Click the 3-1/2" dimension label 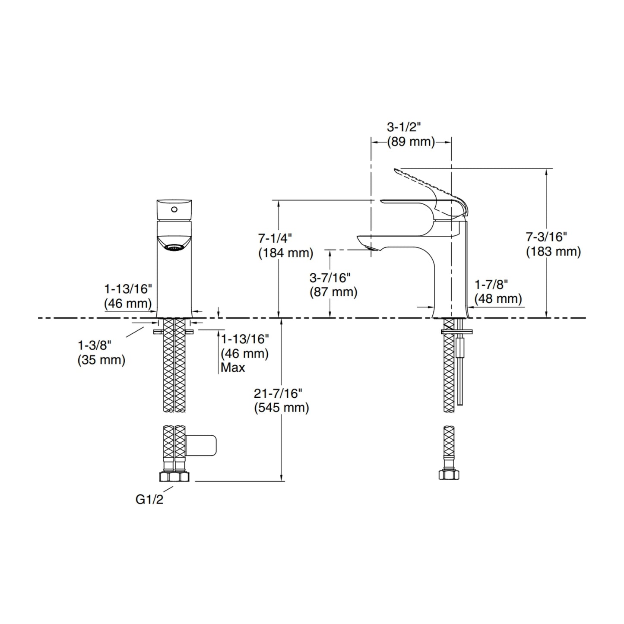[x=403, y=127]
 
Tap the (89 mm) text [x=411, y=142]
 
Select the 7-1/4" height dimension [x=275, y=239]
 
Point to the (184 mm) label [x=285, y=253]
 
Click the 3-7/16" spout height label [x=330, y=278]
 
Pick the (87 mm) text [x=333, y=292]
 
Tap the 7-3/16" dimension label [x=546, y=237]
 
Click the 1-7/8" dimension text [x=491, y=285]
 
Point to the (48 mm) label [x=498, y=299]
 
